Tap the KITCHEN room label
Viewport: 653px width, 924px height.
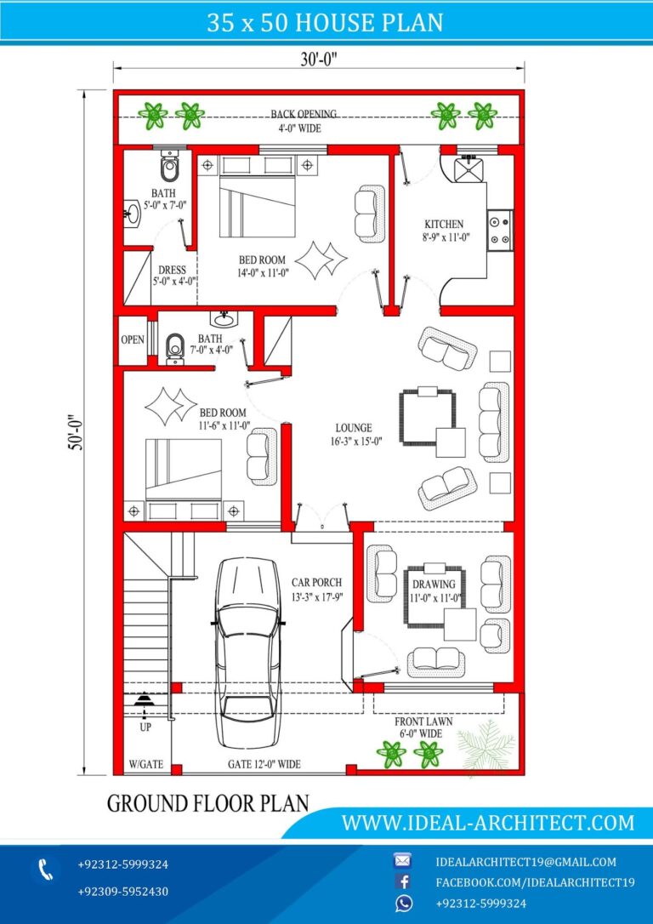tap(444, 225)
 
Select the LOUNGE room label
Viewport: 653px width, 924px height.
tap(353, 428)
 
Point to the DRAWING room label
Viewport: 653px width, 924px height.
tap(434, 585)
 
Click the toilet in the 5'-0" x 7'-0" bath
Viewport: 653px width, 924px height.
tap(170, 168)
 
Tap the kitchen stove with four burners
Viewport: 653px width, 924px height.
tap(501, 230)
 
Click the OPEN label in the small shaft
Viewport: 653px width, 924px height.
tap(132, 339)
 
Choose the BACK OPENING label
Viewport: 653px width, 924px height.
tap(304, 114)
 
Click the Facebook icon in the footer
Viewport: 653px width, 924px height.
tap(403, 882)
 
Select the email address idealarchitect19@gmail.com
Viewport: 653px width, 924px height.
tap(525, 862)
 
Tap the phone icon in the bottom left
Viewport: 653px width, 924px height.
tap(45, 870)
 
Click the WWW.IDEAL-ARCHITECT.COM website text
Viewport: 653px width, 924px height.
tap(487, 823)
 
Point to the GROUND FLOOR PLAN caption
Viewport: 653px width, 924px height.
tap(207, 803)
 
